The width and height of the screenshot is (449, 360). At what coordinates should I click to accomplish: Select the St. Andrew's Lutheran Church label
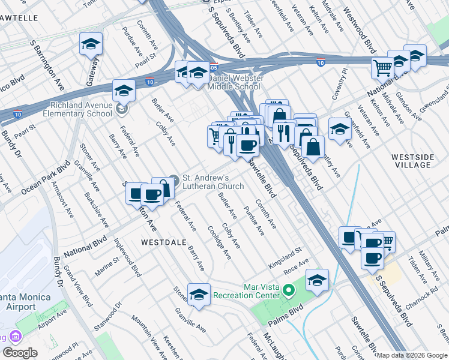tap(213, 182)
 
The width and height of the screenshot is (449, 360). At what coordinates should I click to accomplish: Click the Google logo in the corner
tap(19, 353)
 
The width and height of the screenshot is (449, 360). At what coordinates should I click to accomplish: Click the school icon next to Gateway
tap(91, 44)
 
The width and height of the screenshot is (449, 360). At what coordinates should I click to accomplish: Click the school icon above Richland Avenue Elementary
tap(123, 91)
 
